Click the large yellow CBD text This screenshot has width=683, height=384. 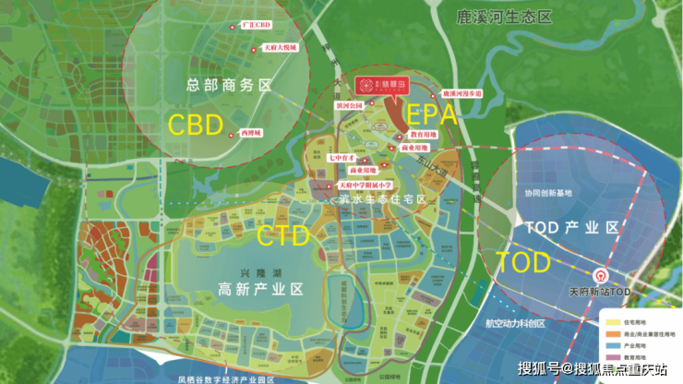(196, 125)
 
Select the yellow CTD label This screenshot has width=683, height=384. (283, 236)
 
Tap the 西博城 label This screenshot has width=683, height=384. (250, 134)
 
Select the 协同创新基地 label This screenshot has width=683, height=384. (548, 193)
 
